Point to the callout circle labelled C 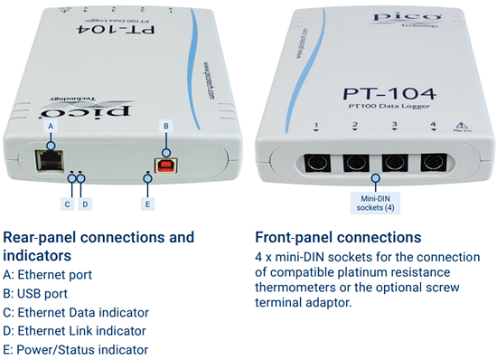[x=67, y=204]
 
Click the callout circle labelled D [x=85, y=204]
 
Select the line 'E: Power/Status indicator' [x=76, y=349]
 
